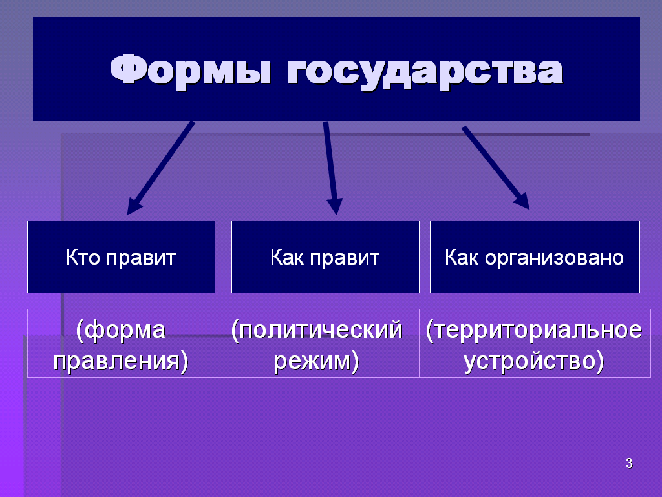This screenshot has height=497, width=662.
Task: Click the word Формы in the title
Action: point(191,70)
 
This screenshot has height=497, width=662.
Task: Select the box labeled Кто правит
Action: point(121,257)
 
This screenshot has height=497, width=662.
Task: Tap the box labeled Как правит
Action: point(325,257)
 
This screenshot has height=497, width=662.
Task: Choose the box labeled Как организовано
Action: point(535,257)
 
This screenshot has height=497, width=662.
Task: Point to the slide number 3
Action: point(629,463)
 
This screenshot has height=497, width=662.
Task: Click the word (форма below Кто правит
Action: point(121,329)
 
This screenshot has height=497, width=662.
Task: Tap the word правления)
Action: point(121,361)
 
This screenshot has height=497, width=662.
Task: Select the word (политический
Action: point(317,329)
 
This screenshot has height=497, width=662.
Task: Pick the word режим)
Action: point(316,361)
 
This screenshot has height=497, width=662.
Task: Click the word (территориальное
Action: point(534,329)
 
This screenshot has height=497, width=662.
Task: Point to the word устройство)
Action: point(534,361)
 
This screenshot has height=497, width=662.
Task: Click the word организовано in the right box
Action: point(554,258)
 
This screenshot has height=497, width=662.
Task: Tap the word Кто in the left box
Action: point(83,257)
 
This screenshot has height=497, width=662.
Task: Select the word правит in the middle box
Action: point(345,258)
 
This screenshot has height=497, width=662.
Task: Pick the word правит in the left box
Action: point(141,258)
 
